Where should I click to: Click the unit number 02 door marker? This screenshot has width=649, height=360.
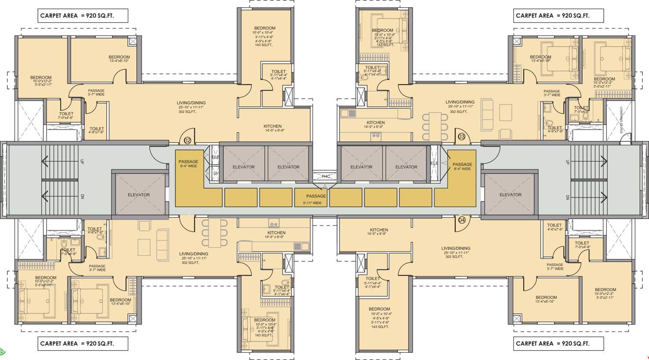coord(188,141)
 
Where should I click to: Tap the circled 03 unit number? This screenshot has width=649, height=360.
coord(461,137)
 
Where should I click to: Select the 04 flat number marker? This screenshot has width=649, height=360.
coord(461,220)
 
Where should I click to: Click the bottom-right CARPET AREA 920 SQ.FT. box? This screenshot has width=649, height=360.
coord(558,343)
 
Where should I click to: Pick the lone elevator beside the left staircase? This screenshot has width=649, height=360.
coord(138,195)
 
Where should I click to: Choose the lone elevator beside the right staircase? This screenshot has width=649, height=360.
coord(510,195)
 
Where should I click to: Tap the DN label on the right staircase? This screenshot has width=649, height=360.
coord(567,197)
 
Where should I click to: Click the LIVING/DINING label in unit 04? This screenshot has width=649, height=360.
coord(456,248)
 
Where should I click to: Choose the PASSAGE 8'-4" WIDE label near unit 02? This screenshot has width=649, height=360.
coord(188,164)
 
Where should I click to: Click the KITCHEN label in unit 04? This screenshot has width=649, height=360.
coord(378,230)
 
